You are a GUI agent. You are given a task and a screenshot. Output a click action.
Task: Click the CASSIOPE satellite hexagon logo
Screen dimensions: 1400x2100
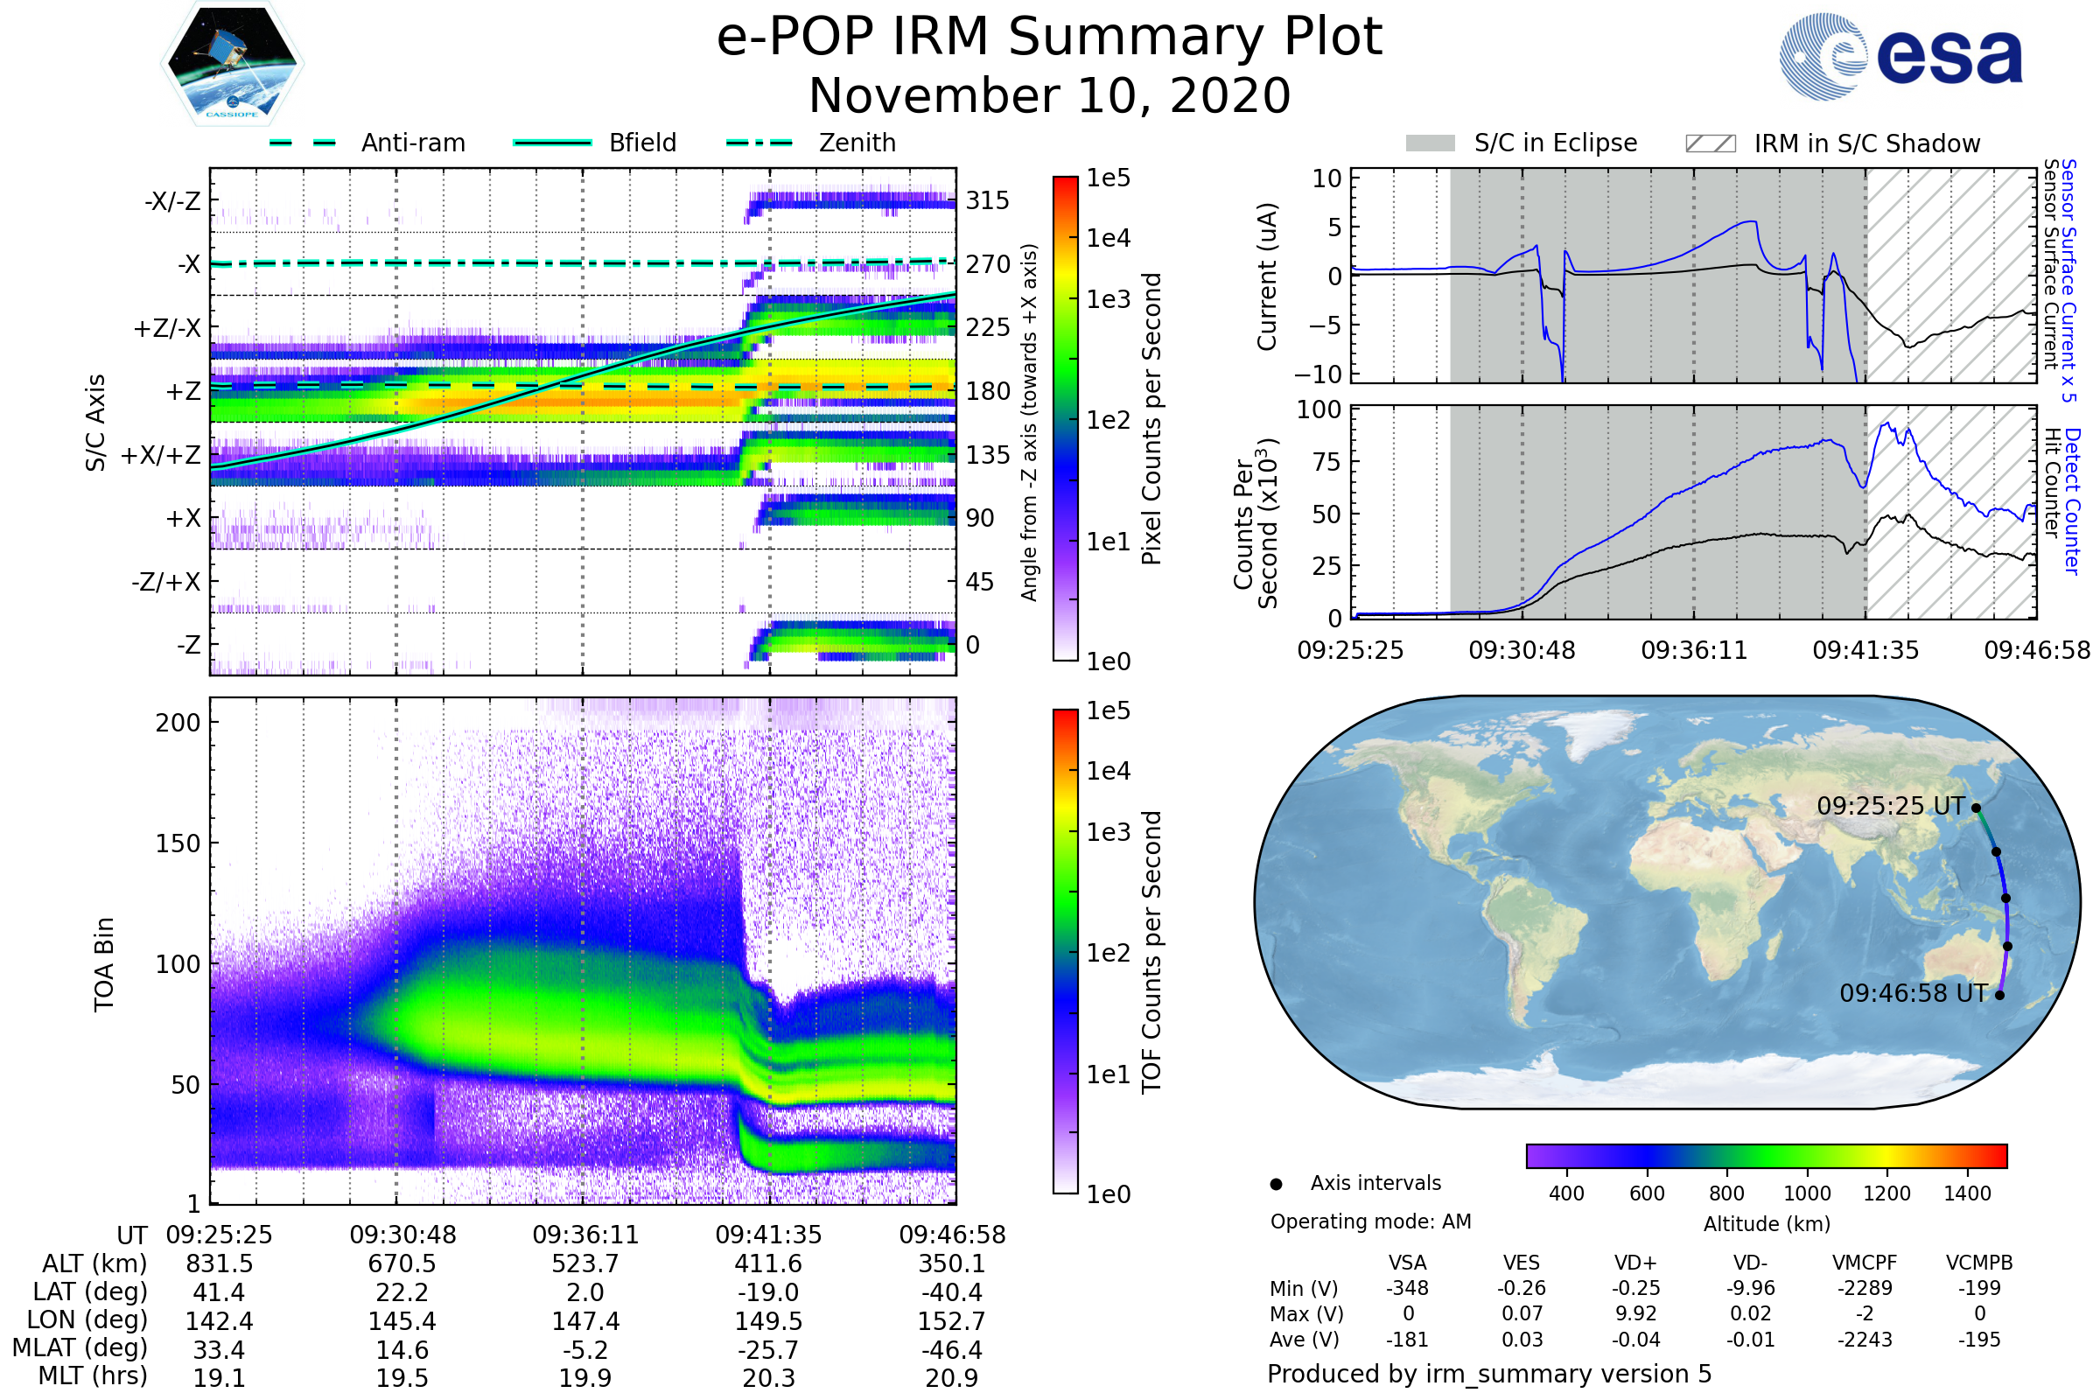[x=232, y=63]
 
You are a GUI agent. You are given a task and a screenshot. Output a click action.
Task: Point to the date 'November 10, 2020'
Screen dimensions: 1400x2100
[x=1049, y=95]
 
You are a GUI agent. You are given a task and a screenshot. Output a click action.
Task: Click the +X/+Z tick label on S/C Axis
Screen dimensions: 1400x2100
[x=161, y=455]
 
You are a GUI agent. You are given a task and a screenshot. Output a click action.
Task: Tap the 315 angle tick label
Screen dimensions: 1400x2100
[x=987, y=200]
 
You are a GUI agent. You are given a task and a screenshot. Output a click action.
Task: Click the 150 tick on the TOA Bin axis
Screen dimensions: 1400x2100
[x=178, y=843]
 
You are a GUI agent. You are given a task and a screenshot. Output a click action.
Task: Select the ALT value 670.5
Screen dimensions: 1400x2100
[x=402, y=1264]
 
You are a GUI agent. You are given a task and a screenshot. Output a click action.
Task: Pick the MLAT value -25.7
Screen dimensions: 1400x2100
[x=768, y=1350]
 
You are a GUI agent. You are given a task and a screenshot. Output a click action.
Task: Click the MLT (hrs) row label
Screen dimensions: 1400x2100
[x=93, y=1375]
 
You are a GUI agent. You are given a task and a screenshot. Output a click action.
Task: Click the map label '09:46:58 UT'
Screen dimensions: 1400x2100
[x=1914, y=993]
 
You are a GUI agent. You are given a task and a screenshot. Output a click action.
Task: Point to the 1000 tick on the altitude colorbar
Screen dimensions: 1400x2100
[x=1806, y=1193]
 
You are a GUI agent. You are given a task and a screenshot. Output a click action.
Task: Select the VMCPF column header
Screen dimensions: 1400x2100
[x=1865, y=1263]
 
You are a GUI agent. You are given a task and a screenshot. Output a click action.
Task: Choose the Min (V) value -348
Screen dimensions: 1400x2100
[x=1407, y=1288]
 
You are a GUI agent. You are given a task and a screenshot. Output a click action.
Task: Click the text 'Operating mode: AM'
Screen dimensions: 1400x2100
[x=1369, y=1221]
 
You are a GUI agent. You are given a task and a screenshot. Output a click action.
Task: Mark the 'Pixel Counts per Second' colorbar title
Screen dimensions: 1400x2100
[x=1151, y=419]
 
